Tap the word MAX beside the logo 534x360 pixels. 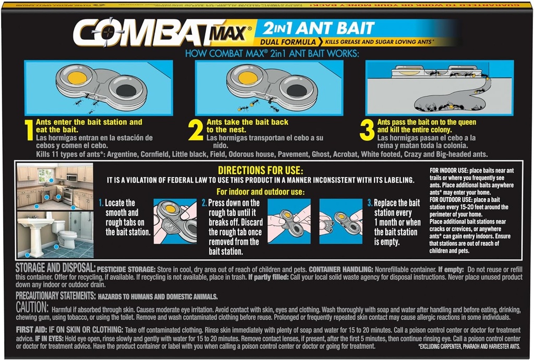[x=230, y=35]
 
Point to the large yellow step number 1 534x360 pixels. [x=29, y=131]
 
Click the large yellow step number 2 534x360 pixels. [x=196, y=131]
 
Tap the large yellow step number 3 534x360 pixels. [x=367, y=130]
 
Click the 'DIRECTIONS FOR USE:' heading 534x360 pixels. [x=260, y=171]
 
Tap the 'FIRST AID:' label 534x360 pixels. [x=31, y=330]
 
